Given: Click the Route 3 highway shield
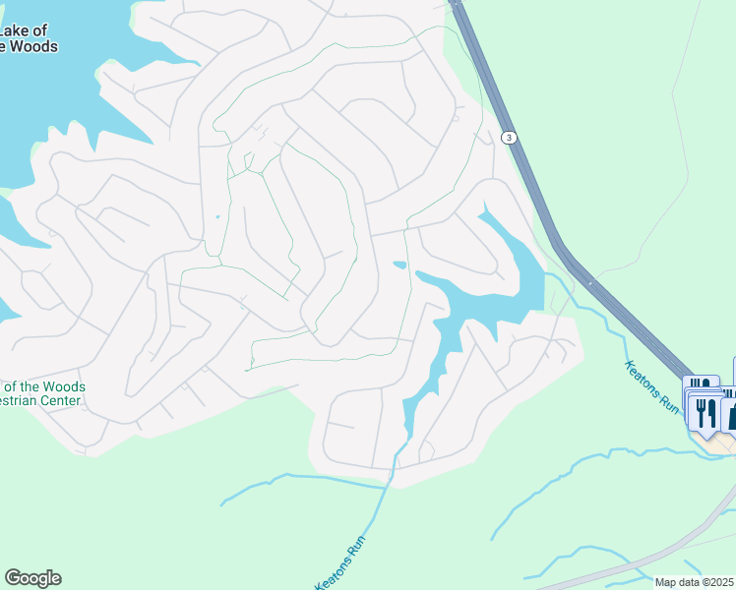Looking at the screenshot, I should [x=508, y=138].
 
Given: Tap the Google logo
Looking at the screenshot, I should [x=32, y=578].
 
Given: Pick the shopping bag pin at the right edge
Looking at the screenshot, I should [x=730, y=413].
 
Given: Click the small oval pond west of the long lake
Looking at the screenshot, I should [x=399, y=265].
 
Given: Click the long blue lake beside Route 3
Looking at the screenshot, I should [x=492, y=295].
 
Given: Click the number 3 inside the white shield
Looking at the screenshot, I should [x=508, y=138].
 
